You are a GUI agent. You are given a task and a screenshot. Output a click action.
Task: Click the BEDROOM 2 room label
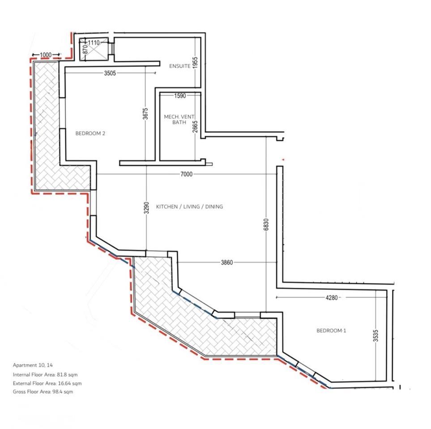[x=90, y=134]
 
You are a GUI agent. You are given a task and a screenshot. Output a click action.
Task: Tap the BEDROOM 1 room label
[x=331, y=331]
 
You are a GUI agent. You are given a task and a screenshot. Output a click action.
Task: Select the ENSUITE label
[x=180, y=66]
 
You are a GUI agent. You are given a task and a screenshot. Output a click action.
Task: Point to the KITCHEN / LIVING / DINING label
[x=189, y=206]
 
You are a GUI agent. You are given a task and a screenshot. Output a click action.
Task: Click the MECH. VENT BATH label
[x=179, y=119]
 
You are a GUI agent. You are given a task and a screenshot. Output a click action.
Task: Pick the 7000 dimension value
[x=186, y=174]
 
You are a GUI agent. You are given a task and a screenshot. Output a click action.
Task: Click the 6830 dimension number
[x=266, y=224]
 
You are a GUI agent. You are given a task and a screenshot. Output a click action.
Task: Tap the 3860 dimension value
[x=227, y=263]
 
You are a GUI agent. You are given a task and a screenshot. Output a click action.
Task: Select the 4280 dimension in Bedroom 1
[x=332, y=298]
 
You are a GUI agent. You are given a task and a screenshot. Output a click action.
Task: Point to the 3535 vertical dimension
[x=376, y=336]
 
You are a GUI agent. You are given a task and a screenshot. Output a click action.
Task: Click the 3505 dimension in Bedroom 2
[x=110, y=73]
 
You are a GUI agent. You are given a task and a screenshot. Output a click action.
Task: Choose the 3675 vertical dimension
[x=145, y=114]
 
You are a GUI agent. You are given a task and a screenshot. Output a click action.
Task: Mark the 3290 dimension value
[x=147, y=208]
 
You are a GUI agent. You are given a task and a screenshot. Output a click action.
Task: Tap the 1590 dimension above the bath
[x=180, y=96]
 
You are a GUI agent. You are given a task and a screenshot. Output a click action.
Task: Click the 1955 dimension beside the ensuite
[x=195, y=63]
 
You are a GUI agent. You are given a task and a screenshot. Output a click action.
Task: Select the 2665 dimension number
[x=195, y=126]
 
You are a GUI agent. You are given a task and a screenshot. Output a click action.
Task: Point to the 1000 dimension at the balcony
[x=46, y=55]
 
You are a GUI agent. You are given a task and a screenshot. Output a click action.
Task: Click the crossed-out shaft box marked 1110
[x=94, y=49]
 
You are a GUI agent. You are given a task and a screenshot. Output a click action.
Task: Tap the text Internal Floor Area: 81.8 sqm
[x=45, y=374]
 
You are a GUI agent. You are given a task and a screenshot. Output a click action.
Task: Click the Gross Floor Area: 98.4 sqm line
[x=43, y=391]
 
